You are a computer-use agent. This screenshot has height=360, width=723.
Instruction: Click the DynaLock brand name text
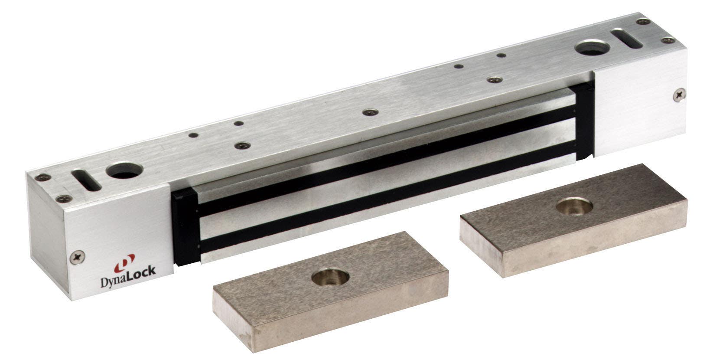128,271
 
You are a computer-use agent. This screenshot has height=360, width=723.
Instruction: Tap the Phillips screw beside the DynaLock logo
78,257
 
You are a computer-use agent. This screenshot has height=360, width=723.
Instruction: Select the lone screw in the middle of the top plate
370,112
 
